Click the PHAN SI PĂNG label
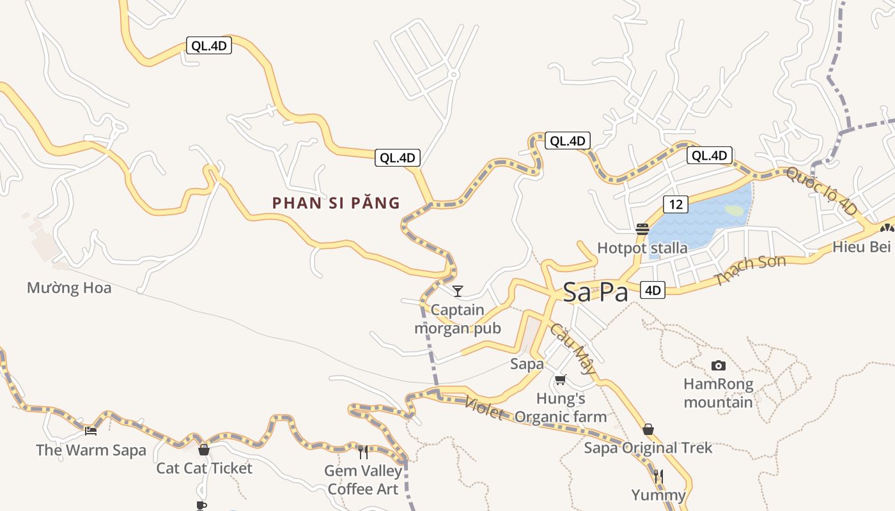(x=336, y=203)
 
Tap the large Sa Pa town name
(x=596, y=292)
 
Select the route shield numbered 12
(x=676, y=204)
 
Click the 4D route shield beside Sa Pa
(x=652, y=290)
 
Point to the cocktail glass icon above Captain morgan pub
(x=458, y=291)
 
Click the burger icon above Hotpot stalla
(x=642, y=229)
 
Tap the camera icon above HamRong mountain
(x=719, y=365)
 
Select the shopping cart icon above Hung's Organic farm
(x=561, y=379)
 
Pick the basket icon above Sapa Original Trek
(x=648, y=429)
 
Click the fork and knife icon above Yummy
(x=658, y=476)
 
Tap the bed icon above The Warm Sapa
(x=91, y=431)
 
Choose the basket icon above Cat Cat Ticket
(x=204, y=449)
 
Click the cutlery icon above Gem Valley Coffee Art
(x=363, y=452)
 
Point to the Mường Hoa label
(x=69, y=288)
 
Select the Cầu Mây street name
(x=573, y=349)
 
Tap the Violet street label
(x=484, y=408)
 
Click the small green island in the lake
(x=735, y=210)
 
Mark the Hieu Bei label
(x=861, y=247)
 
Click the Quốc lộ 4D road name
(x=821, y=190)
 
